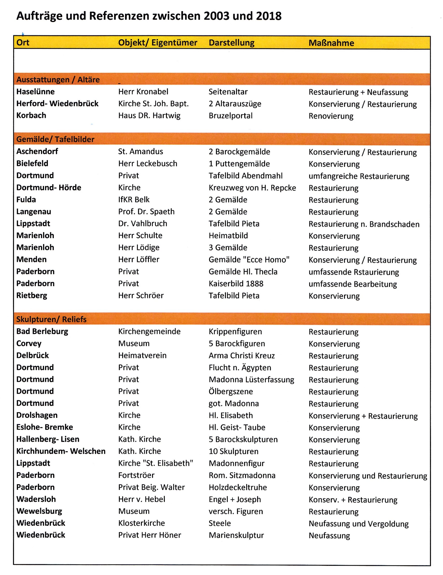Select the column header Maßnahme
tap(331, 43)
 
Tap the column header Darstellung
tap(231, 43)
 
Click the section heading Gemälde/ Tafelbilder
tap(55, 139)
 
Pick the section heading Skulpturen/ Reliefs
tap(51, 319)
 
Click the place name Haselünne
tap(35, 92)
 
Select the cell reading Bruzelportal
tap(231, 116)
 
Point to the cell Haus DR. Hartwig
tap(149, 116)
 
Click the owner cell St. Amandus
tap(141, 151)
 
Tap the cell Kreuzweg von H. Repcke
tap(252, 188)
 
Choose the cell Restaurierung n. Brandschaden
tap(364, 224)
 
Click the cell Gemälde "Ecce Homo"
tap(249, 260)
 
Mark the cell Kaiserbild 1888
tap(236, 283)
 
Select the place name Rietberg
tap(32, 295)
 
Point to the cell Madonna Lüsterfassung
tap(251, 379)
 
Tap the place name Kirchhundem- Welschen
tap(61, 451)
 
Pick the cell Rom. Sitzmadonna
tap(242, 475)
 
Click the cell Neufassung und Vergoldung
tap(359, 524)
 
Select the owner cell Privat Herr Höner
tap(150, 535)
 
